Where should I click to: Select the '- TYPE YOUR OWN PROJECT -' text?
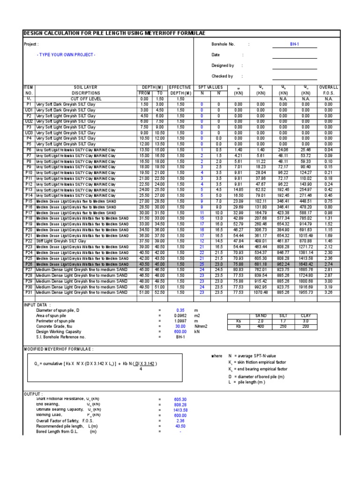pyautogui.click(x=66, y=55)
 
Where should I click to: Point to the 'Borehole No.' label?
pyautogui.click(x=223, y=44)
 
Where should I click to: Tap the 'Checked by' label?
pyautogui.click(x=222, y=76)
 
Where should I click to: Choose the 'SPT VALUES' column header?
pyautogui.click(x=209, y=87)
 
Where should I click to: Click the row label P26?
pyautogui.click(x=29, y=264)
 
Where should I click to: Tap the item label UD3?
pyautogui.click(x=29, y=133)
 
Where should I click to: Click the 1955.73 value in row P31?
pyautogui.click(x=306, y=292)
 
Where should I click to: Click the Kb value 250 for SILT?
pyautogui.click(x=282, y=326)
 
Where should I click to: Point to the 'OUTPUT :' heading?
pyautogui.click(x=32, y=394)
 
